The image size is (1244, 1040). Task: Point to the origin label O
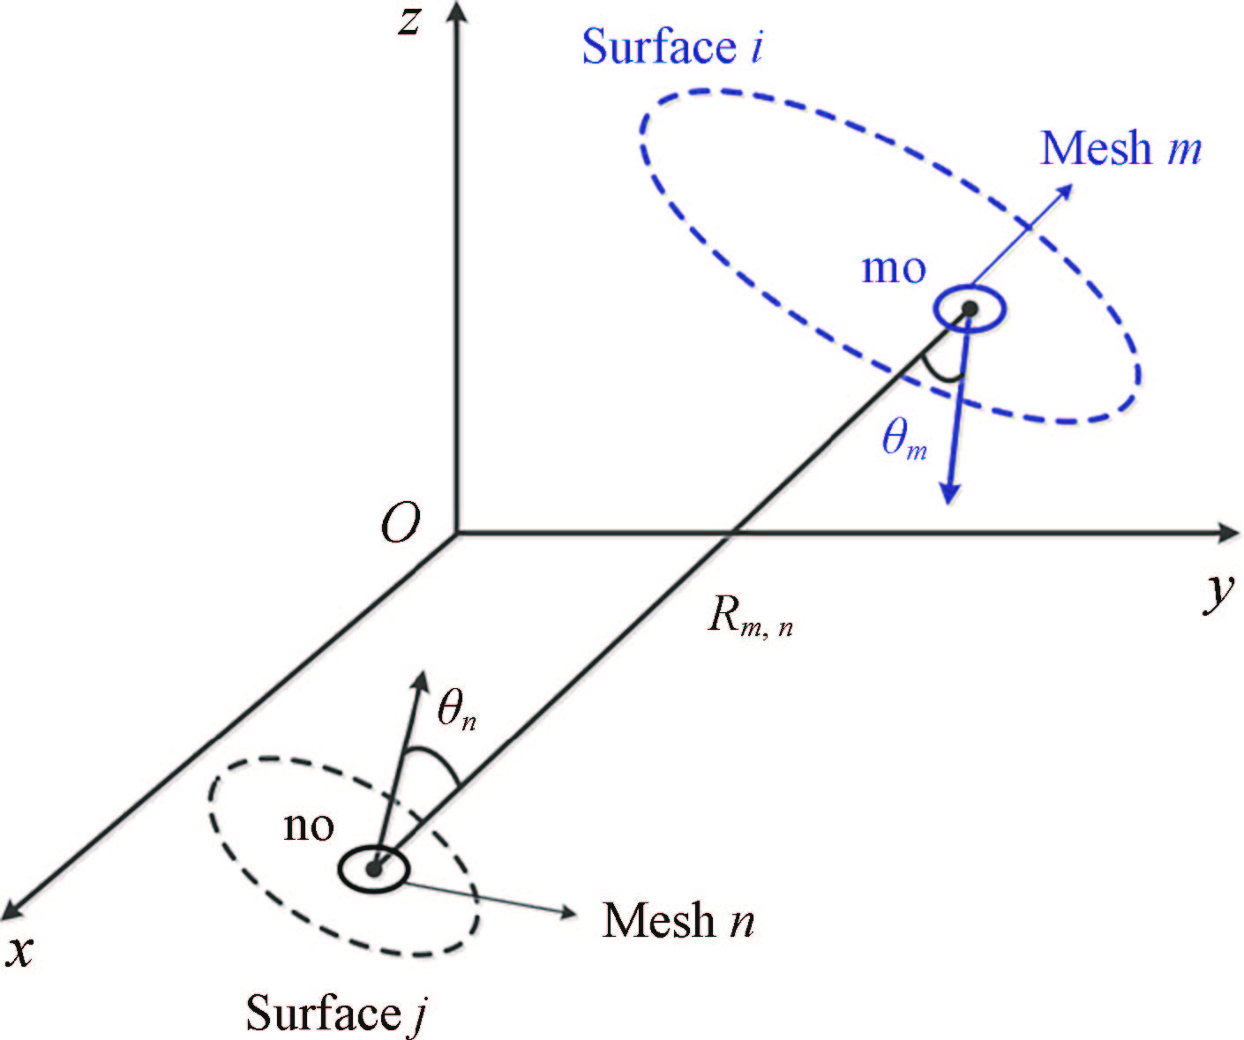coord(400,527)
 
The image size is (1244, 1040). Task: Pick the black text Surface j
coord(336,1013)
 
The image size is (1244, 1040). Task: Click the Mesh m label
coord(1120,148)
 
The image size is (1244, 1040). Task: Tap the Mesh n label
coord(678,920)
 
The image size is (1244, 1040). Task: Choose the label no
coord(309,826)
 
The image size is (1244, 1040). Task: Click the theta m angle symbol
coord(905,440)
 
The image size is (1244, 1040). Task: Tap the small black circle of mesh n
coord(374,869)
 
